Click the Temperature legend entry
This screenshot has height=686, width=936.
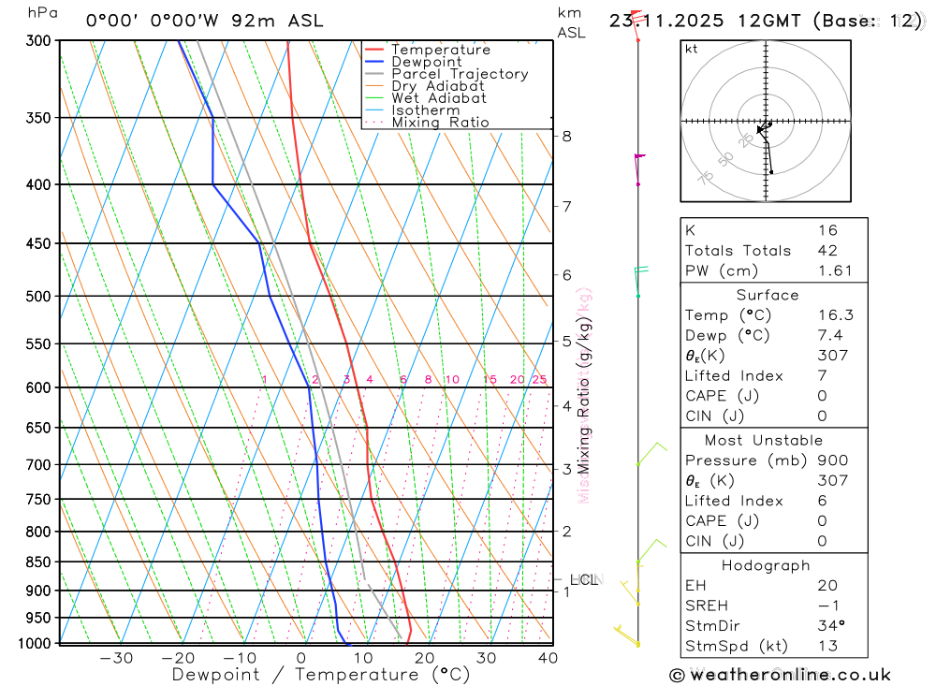pos(440,50)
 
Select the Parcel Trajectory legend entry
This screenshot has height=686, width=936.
pos(460,74)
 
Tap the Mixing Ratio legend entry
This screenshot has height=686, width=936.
pos(440,123)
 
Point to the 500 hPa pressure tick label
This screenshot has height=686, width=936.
pos(37,296)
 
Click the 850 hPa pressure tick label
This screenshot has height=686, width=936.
pos(37,562)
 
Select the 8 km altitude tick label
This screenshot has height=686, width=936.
pos(566,136)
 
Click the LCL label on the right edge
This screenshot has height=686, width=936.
pos(583,580)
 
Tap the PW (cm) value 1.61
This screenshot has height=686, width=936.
pos(835,270)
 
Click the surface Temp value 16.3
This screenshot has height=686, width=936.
pos(835,315)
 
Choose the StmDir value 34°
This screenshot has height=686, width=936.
pos(829,625)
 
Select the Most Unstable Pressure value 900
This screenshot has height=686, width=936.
pos(832,460)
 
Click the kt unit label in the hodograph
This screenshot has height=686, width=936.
pos(691,49)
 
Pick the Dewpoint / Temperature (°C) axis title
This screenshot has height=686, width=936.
pos(321,674)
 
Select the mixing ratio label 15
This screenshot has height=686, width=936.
pos(490,379)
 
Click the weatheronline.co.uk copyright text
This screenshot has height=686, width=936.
pos(780,675)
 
